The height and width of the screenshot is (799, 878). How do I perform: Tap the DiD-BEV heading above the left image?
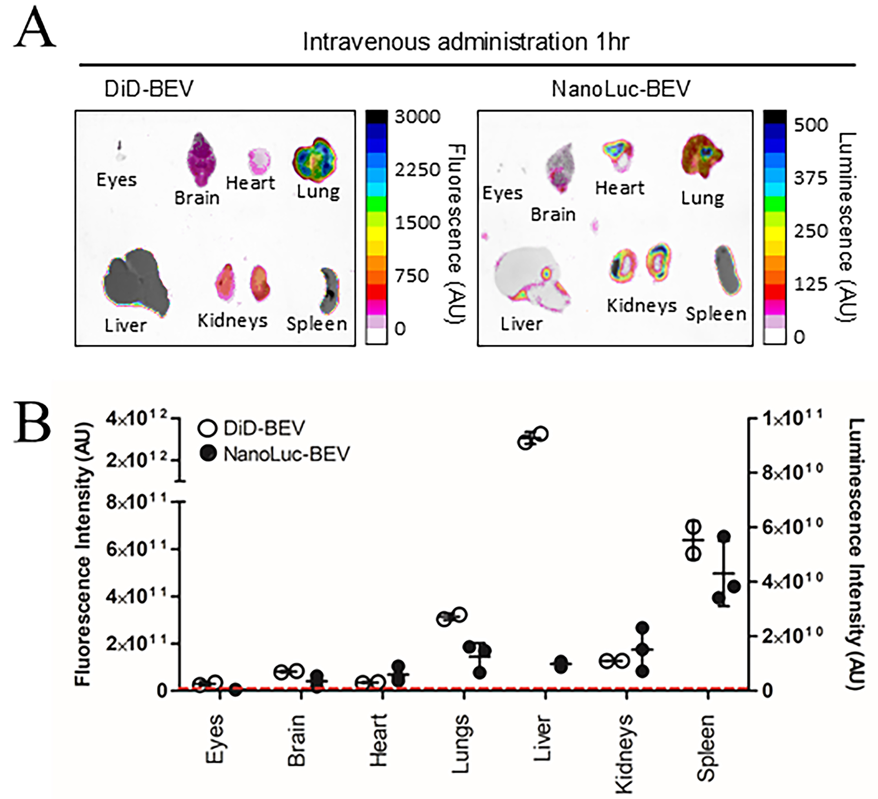tap(149, 89)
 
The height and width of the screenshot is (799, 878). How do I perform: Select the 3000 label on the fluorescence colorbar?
tap(417, 117)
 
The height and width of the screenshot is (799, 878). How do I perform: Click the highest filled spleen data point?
tap(724, 537)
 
